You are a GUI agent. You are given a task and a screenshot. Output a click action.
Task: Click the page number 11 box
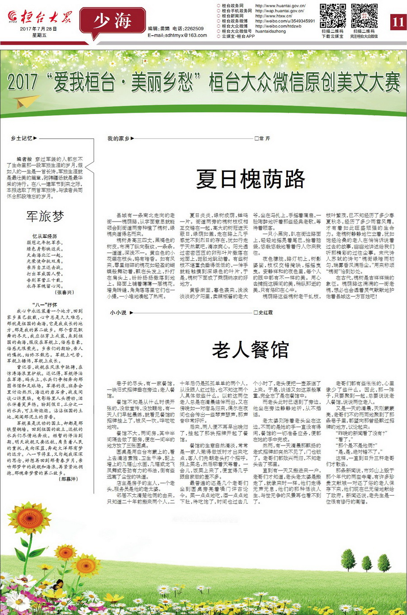coord(398,22)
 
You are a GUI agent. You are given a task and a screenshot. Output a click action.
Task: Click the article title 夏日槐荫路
coord(251,179)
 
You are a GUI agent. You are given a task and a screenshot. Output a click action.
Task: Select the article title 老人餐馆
coord(250,350)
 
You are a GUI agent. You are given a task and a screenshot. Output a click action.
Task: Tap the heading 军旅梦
coord(45,217)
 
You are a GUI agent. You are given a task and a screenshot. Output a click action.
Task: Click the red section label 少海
coord(113,21)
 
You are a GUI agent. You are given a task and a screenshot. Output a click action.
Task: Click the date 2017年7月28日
coord(38,29)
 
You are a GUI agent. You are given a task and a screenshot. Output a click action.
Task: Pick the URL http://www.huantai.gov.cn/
coord(280,6)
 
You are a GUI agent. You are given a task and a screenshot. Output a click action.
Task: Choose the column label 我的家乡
coord(118,138)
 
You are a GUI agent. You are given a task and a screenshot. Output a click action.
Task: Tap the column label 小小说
coord(118,312)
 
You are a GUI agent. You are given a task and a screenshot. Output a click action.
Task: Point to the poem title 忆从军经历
coord(45,236)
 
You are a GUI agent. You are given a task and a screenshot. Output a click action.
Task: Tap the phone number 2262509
coord(194,28)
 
